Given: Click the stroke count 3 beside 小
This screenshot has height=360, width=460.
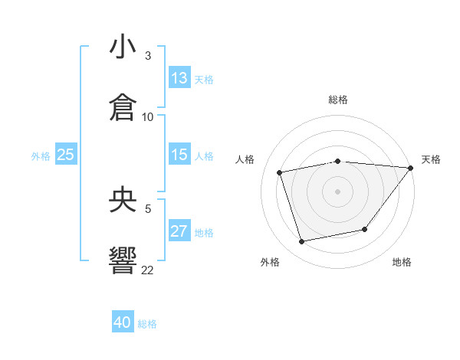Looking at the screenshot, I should [x=148, y=56].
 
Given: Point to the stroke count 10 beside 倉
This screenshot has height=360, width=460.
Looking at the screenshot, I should [x=148, y=116].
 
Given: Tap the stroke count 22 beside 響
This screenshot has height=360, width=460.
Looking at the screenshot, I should [x=148, y=270].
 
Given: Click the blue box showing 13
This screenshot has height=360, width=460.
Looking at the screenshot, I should [x=179, y=78].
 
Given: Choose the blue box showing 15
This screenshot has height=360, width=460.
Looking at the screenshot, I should [x=179, y=155].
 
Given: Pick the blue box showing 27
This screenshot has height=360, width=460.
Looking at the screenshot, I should [x=179, y=231].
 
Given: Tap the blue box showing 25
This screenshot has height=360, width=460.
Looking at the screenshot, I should [x=66, y=155].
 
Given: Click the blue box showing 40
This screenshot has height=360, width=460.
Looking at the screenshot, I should [x=123, y=322].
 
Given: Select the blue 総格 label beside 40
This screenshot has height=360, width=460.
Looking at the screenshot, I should [x=147, y=324].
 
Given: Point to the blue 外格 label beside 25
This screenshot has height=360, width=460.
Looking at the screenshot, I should [x=41, y=155].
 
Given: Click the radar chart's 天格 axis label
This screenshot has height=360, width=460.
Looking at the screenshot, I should [x=431, y=159].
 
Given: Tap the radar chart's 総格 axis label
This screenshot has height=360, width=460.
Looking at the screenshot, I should [x=337, y=100].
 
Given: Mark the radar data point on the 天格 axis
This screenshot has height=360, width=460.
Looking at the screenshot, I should [x=410, y=168].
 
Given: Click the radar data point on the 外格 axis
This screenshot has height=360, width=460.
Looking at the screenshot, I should [x=302, y=242].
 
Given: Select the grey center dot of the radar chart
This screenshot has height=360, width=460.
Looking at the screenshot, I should [x=337, y=191].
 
